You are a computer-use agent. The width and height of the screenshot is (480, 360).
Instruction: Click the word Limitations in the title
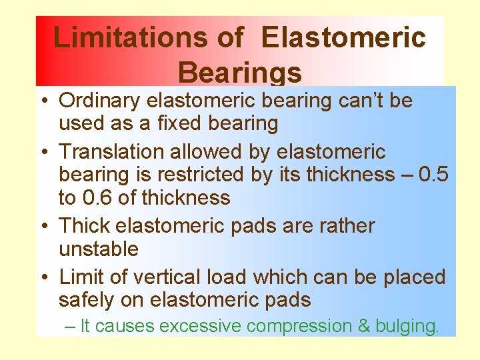pos(131,37)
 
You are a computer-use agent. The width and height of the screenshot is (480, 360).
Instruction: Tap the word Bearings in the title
pos(240,72)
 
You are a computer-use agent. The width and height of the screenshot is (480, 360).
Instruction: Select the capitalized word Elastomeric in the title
pos(343,37)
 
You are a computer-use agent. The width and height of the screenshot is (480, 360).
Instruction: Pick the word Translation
pos(112,152)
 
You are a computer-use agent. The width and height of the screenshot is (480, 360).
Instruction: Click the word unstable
pos(99,249)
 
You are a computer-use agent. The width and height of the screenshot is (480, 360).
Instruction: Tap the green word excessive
pos(201,326)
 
